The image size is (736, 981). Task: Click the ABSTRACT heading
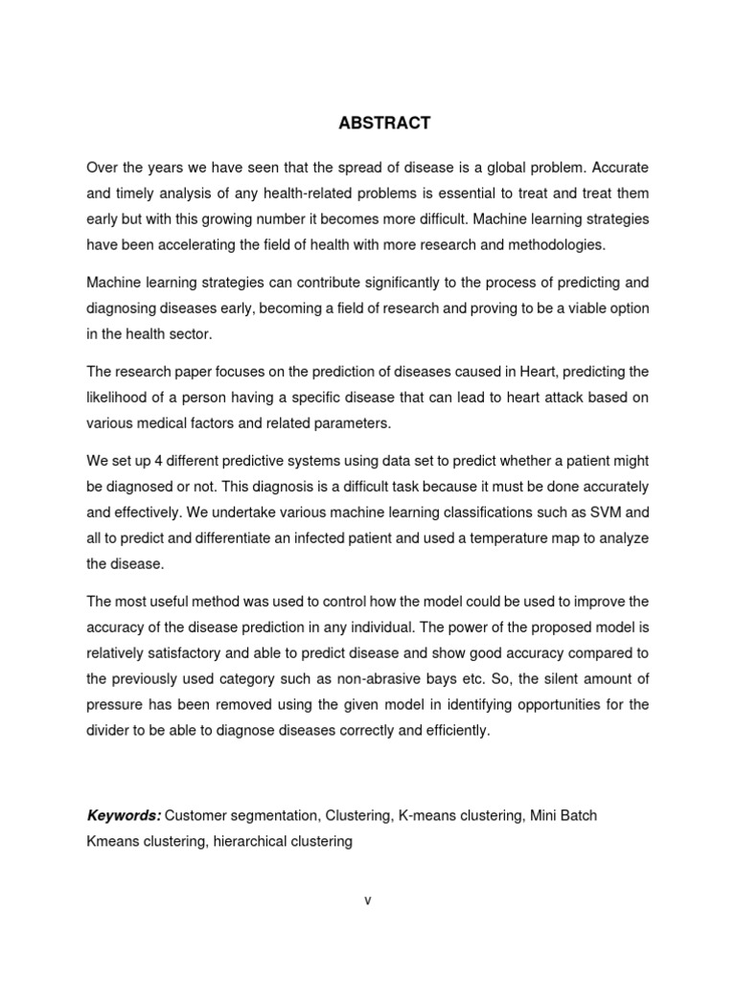(368, 124)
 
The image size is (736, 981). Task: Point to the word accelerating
(205, 244)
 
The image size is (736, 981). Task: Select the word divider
(108, 730)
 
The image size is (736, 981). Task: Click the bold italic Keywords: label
(124, 816)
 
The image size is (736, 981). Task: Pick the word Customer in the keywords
(195, 816)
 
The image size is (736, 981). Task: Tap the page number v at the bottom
(367, 900)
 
